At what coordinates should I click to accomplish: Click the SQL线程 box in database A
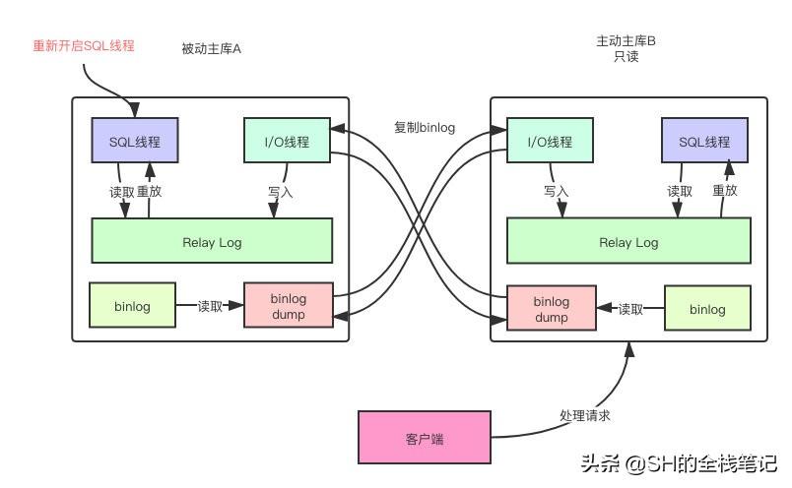coord(134,142)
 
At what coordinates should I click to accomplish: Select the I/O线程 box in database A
coord(287,142)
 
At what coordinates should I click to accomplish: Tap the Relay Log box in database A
coord(212,242)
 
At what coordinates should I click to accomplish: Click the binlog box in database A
coord(132,306)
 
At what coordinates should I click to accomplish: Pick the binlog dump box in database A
coord(289,307)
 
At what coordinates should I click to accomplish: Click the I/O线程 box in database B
coord(550,142)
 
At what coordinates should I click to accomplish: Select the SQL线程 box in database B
coord(704,142)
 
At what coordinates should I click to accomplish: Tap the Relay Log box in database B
coord(627,242)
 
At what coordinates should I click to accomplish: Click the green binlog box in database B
coord(706,309)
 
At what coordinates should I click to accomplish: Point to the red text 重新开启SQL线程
coord(84,45)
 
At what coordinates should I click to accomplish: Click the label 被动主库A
coord(211,49)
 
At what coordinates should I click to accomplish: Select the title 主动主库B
coord(626,41)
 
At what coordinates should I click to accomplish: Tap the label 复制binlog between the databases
coord(425,127)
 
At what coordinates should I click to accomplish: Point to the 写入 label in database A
coord(280,192)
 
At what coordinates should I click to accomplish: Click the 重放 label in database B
coord(724,191)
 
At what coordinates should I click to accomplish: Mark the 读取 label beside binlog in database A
coord(210,306)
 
